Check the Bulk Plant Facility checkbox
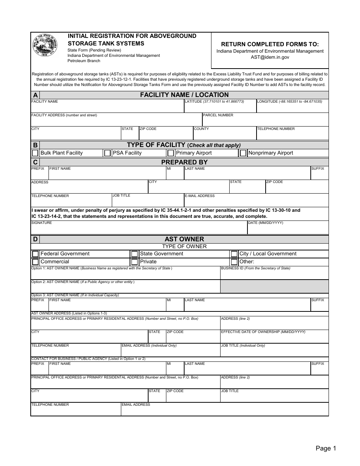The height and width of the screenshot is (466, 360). (x=35, y=153)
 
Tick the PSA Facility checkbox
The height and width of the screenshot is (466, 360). (x=108, y=153)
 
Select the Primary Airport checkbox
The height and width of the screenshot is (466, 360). (x=171, y=153)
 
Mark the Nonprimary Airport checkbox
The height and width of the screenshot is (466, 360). (x=243, y=153)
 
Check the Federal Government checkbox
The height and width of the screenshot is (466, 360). (x=35, y=254)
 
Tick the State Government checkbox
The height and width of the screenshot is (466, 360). (x=135, y=254)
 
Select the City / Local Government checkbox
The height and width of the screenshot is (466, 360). (x=234, y=254)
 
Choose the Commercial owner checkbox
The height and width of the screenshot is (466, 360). (x=35, y=262)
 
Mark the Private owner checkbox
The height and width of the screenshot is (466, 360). (x=135, y=262)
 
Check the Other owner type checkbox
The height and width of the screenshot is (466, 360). (x=234, y=262)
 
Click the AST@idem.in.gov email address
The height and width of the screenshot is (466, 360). (x=270, y=57)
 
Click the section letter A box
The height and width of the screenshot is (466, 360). (x=35, y=95)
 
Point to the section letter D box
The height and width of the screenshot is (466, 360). (x=35, y=239)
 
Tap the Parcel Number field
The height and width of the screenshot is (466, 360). (x=265, y=122)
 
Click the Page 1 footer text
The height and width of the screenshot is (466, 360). (x=326, y=449)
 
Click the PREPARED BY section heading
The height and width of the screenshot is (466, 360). (x=184, y=162)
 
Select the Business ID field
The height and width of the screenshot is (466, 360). (x=274, y=274)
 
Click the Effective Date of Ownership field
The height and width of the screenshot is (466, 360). (x=274, y=338)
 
